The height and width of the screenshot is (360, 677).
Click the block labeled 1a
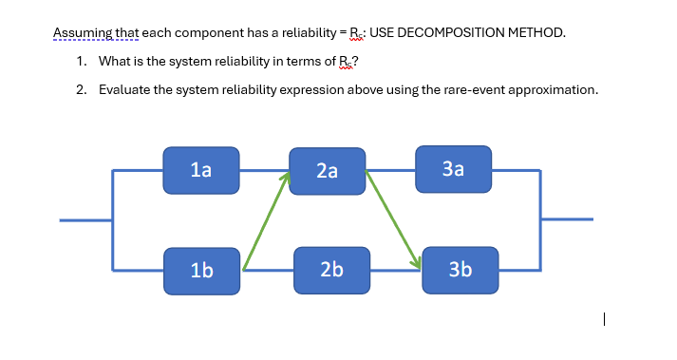coord(200,170)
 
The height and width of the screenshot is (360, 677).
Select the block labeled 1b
coord(200,270)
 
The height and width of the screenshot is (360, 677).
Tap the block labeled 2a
coord(327,171)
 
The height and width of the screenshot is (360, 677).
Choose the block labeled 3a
coord(453,169)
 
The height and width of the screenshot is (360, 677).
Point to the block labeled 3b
coord(459,270)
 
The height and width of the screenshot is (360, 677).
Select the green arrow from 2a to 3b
coord(393,218)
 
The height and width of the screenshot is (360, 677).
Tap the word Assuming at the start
coord(82,32)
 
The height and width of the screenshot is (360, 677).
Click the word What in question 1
coord(116,61)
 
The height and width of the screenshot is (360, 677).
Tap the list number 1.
coord(82,61)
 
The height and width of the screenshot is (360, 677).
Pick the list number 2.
coord(82,89)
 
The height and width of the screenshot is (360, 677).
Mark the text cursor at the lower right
coord(604,321)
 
